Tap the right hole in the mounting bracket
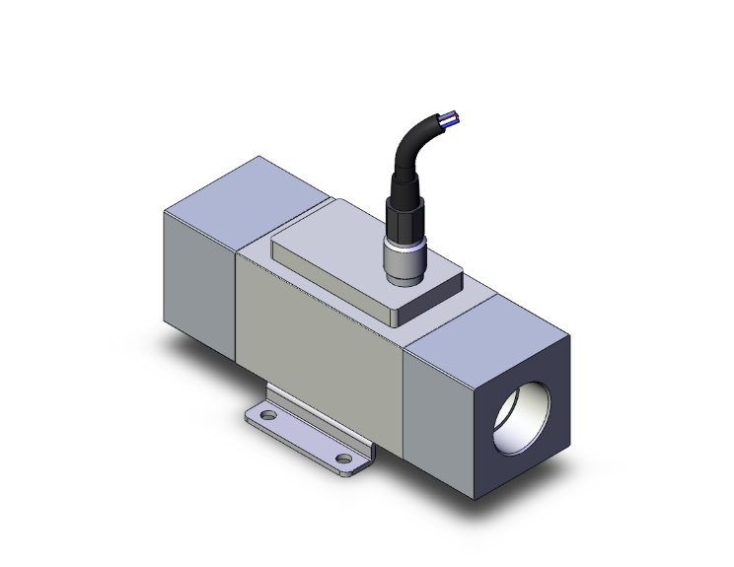343,459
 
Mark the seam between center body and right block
406,394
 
